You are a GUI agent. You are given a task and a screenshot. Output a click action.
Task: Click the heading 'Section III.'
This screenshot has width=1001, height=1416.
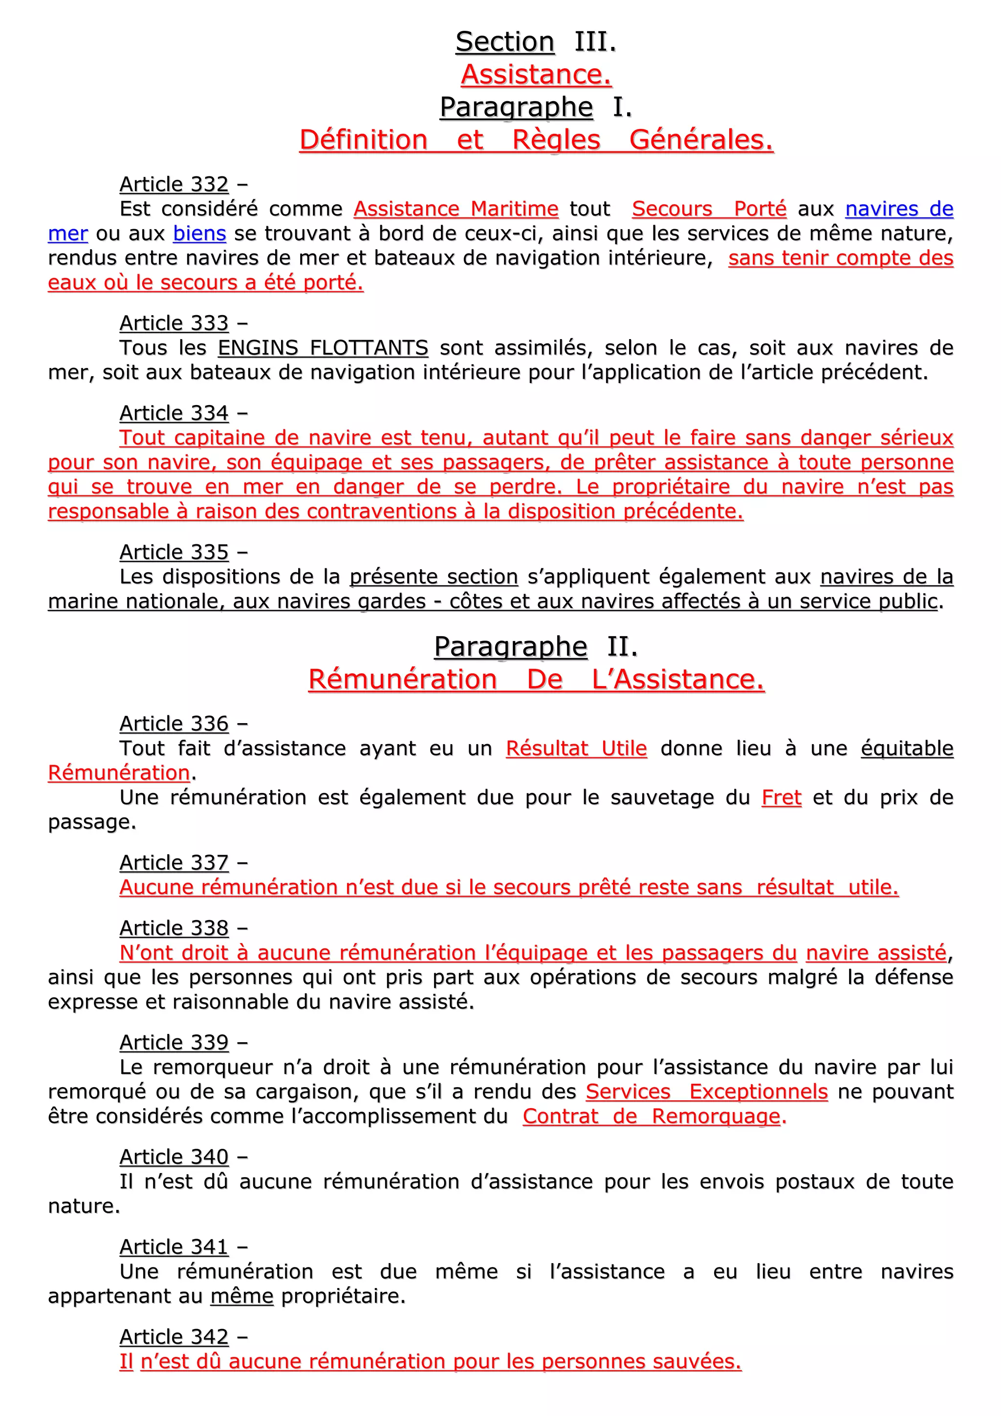click(x=535, y=42)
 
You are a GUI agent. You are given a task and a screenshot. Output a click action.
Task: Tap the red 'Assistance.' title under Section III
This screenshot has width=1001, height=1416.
click(x=536, y=75)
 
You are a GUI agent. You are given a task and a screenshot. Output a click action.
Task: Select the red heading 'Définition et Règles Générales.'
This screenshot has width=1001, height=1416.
click(x=536, y=140)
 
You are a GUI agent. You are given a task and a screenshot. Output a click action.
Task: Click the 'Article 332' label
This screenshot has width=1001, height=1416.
click(x=174, y=184)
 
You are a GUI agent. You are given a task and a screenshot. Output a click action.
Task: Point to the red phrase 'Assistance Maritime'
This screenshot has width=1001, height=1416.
click(x=456, y=209)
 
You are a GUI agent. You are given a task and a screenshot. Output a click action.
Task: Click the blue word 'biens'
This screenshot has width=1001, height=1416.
click(x=199, y=234)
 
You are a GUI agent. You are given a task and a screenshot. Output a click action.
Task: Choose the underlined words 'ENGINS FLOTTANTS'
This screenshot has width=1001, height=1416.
click(x=323, y=348)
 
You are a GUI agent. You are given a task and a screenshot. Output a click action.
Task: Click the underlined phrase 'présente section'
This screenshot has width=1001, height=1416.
click(x=434, y=577)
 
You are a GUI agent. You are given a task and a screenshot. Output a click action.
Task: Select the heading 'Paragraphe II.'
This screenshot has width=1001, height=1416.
click(x=535, y=647)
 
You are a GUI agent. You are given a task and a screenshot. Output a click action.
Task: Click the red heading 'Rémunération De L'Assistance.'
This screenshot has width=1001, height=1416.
click(x=536, y=680)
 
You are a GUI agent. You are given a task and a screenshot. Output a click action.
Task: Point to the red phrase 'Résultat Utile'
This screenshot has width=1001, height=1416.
click(x=576, y=749)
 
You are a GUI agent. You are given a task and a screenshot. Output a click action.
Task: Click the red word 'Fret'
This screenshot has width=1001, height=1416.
click(x=782, y=797)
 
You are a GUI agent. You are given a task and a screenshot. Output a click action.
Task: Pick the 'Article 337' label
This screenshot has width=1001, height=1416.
click(x=174, y=863)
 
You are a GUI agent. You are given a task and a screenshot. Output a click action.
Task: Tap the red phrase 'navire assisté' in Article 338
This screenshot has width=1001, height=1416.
click(x=876, y=953)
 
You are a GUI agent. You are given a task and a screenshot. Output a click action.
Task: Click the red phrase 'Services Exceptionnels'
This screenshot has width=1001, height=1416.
click(x=706, y=1092)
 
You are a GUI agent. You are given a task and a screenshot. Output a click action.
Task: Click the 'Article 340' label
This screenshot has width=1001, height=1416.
click(x=174, y=1157)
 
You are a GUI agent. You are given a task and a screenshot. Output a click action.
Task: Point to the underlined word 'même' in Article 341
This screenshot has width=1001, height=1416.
click(x=242, y=1296)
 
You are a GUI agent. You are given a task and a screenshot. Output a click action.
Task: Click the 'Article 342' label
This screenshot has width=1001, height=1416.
click(x=174, y=1336)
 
